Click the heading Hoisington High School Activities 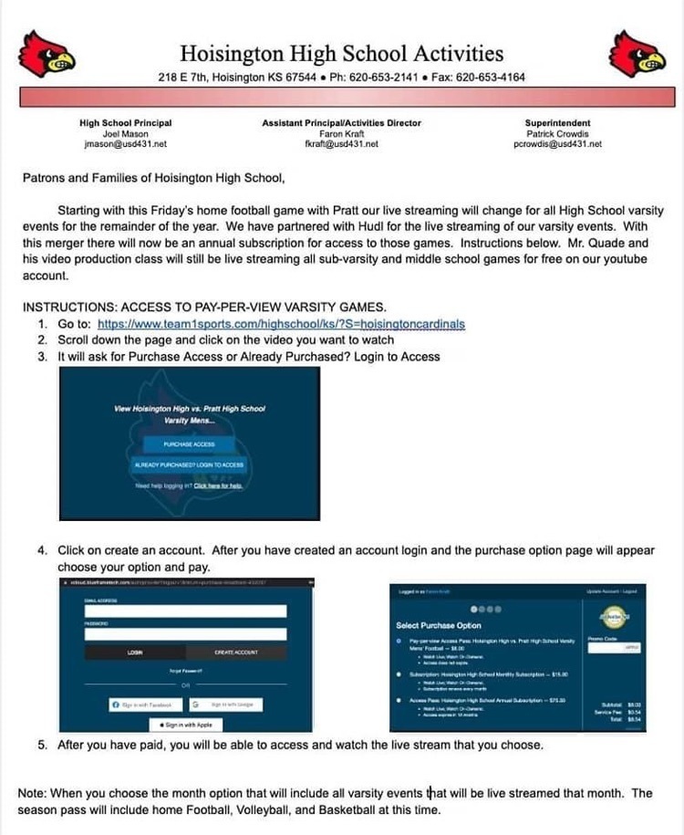[x=341, y=53]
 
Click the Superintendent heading [x=557, y=123]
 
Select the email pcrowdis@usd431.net [x=557, y=144]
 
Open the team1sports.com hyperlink [x=281, y=324]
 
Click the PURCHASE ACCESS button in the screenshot [x=189, y=444]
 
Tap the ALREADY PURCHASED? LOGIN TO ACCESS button [x=189, y=465]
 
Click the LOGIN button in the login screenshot [x=133, y=652]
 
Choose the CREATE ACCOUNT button [x=236, y=652]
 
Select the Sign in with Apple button [x=186, y=725]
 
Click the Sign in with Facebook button [x=144, y=705]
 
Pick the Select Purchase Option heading [x=439, y=626]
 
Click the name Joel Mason [x=125, y=134]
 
